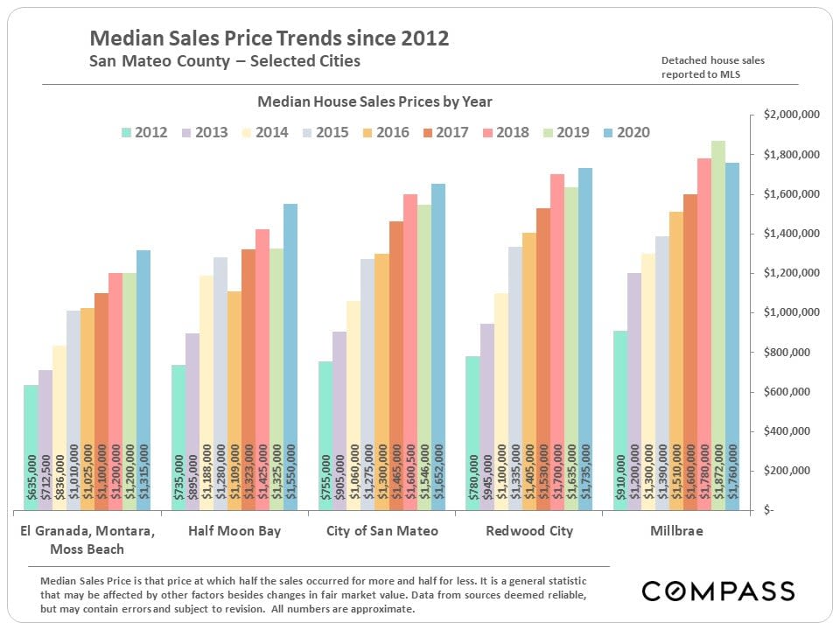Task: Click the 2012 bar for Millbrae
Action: pos(619,420)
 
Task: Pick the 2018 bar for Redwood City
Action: pos(557,341)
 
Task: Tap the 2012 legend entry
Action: pos(144,133)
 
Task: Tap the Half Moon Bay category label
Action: pos(234,531)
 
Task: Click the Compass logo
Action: pos(718,591)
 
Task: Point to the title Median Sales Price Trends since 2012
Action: pos(269,38)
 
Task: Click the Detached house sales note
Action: pos(714,67)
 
